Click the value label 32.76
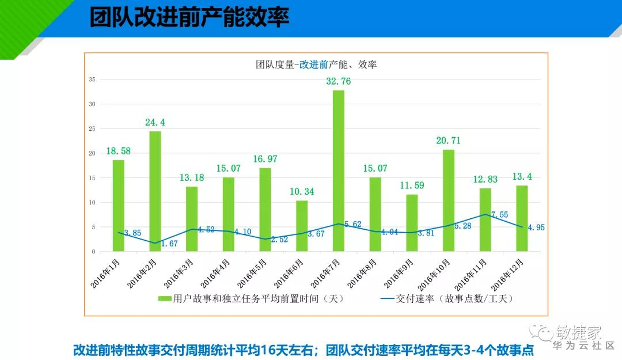(x=338, y=81)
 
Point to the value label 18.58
(x=118, y=151)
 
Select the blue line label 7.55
(x=499, y=215)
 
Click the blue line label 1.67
(x=169, y=244)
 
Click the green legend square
(x=165, y=298)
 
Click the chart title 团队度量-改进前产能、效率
(x=316, y=65)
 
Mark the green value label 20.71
(x=449, y=141)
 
